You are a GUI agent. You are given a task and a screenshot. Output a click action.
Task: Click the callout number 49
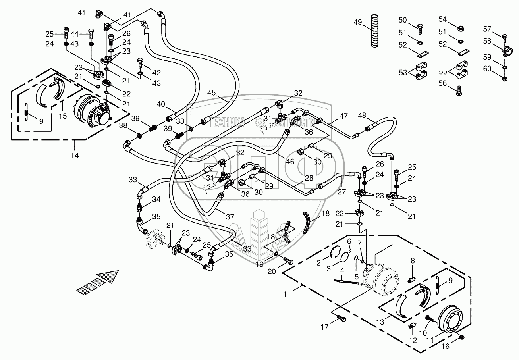pyautogui.click(x=358, y=23)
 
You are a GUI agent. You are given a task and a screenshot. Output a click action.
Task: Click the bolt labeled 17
pyautogui.click(x=341, y=318)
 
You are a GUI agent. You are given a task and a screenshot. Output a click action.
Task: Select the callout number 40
pyautogui.click(x=160, y=104)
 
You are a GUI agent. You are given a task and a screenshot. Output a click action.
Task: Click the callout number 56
pyautogui.click(x=443, y=83)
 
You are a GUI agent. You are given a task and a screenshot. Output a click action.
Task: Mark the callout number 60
pyautogui.click(x=487, y=69)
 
